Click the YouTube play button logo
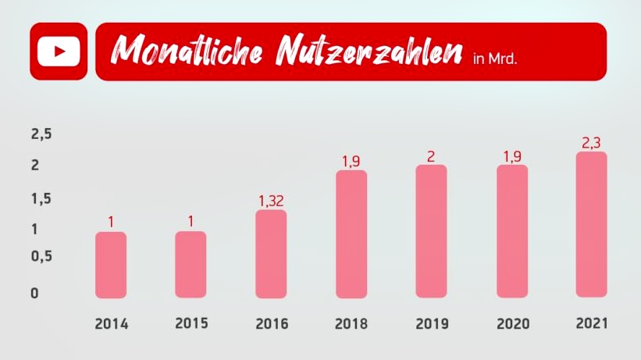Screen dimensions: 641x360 tap(59, 51)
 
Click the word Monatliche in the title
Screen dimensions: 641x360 tap(187, 50)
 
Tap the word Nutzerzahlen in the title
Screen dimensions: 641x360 tap(369, 50)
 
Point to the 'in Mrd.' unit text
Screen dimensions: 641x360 tap(495, 59)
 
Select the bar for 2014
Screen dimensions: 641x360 tap(111, 265)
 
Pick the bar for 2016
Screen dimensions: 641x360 tap(271, 254)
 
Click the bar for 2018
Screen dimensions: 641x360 tap(351, 234)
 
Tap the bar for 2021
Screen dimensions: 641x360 tap(592, 225)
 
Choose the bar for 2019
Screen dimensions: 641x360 tap(431, 231)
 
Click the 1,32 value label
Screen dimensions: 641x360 tap(271, 201)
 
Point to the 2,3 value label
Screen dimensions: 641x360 tap(591, 143)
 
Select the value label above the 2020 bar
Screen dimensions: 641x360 tap(512, 156)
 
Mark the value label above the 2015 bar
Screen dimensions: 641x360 tap(191, 221)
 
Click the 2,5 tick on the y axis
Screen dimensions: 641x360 tap(41, 134)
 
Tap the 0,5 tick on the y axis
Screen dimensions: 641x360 tap(41, 256)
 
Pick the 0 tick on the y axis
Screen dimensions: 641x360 tap(35, 294)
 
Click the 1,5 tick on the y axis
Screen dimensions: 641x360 tap(41, 198)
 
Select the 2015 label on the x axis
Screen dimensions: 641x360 tap(192, 323)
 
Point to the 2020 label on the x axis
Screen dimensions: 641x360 tap(513, 323)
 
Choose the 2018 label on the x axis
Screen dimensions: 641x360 tap(351, 323)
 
